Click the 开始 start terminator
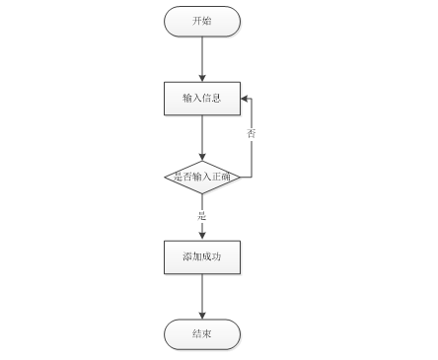point(202,21)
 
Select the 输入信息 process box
point(202,99)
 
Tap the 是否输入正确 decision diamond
point(202,178)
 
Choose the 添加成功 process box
point(202,257)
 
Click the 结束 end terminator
point(202,334)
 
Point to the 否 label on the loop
point(252,133)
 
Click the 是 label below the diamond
point(202,216)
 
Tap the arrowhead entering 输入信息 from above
point(202,78)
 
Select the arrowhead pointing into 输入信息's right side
point(245,99)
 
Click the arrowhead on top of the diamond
point(202,157)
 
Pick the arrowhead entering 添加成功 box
point(202,237)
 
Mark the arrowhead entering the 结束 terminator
point(202,316)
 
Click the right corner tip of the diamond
point(241,178)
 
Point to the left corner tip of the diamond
point(165,178)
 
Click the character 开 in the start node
point(197,21)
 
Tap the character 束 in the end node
point(207,334)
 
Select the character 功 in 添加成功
point(216,256)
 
